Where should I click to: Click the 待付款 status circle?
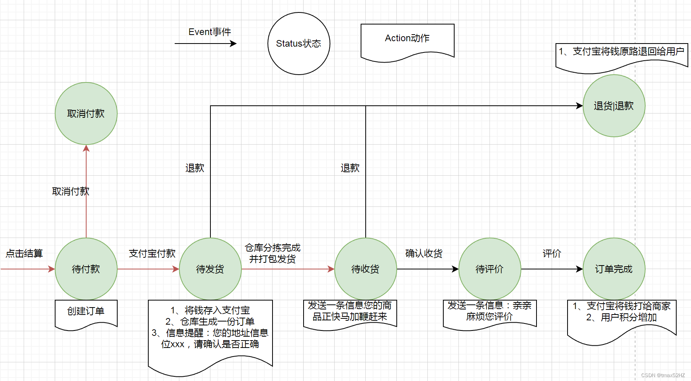tap(86, 269)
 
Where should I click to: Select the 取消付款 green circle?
tap(86, 113)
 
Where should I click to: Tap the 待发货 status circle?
tap(210, 269)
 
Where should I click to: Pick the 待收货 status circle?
tap(365, 269)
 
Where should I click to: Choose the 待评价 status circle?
tap(490, 269)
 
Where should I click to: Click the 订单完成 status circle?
tap(614, 269)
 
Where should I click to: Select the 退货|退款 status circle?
tap(614, 105)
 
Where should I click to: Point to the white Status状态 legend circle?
tap(299, 43)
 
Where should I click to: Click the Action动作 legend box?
tap(407, 39)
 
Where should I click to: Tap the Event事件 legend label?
tap(210, 32)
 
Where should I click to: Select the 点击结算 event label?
tap(24, 253)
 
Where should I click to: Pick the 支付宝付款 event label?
tap(152, 253)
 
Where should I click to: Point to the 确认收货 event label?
tap(424, 253)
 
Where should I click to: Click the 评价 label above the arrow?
tap(552, 253)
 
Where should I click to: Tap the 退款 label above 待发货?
tap(194, 168)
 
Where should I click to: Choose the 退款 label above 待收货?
tap(350, 168)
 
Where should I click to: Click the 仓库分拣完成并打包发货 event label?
tap(273, 253)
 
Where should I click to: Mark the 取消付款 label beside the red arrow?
tap(71, 191)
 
